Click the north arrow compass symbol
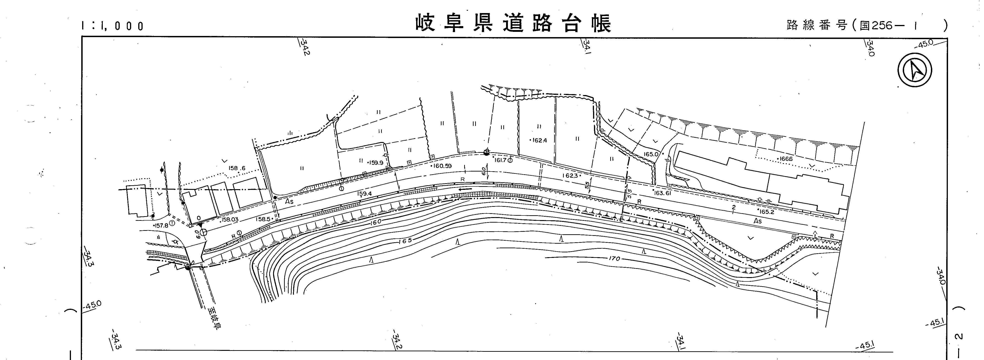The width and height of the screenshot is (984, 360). click(x=914, y=70)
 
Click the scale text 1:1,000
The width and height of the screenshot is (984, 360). click(x=112, y=26)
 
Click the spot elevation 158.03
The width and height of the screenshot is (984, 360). click(x=230, y=220)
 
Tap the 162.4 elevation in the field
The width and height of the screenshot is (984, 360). click(x=539, y=140)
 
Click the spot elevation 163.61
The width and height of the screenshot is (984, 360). click(x=662, y=193)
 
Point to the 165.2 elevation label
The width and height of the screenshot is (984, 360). click(x=767, y=211)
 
